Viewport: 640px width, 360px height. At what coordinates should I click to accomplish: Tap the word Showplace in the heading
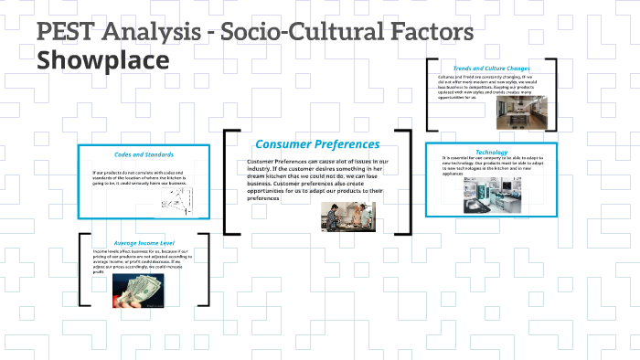click(x=102, y=61)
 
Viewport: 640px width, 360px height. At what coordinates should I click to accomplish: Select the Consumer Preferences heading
click(x=316, y=144)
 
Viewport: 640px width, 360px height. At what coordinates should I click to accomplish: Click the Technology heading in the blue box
click(x=491, y=151)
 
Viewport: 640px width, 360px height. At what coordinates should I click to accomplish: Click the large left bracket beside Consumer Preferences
click(x=229, y=183)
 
